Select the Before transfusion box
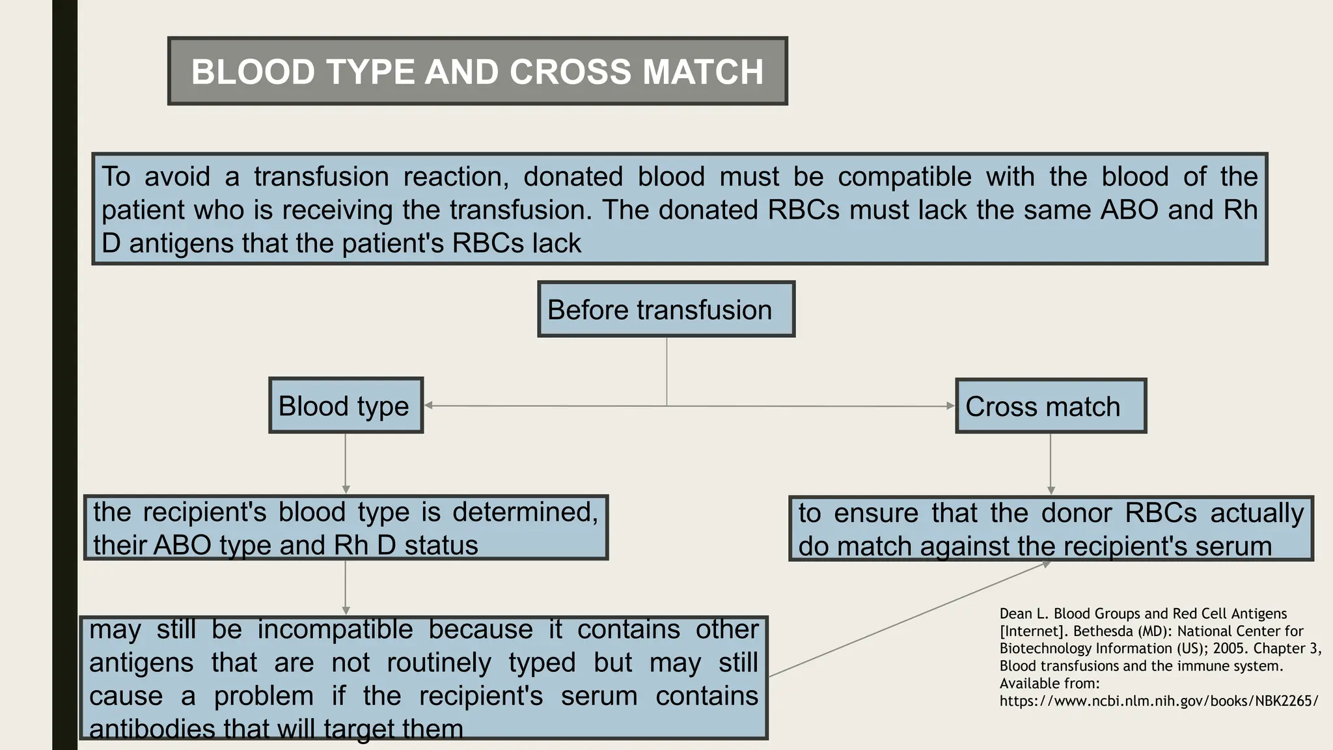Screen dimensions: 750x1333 click(x=666, y=309)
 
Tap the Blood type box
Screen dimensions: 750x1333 click(x=346, y=406)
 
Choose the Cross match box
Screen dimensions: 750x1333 click(x=1050, y=406)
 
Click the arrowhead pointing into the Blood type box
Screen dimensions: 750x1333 click(x=429, y=406)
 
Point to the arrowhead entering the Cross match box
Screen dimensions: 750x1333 click(x=950, y=406)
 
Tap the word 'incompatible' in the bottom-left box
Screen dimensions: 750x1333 click(x=335, y=630)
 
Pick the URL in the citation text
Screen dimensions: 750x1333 click(x=1159, y=701)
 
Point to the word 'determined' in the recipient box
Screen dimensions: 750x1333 click(x=525, y=512)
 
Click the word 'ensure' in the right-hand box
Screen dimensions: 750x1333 click(x=875, y=513)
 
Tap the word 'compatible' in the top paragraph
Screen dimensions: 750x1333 click(x=904, y=176)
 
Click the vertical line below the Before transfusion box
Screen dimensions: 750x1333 click(x=666, y=371)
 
